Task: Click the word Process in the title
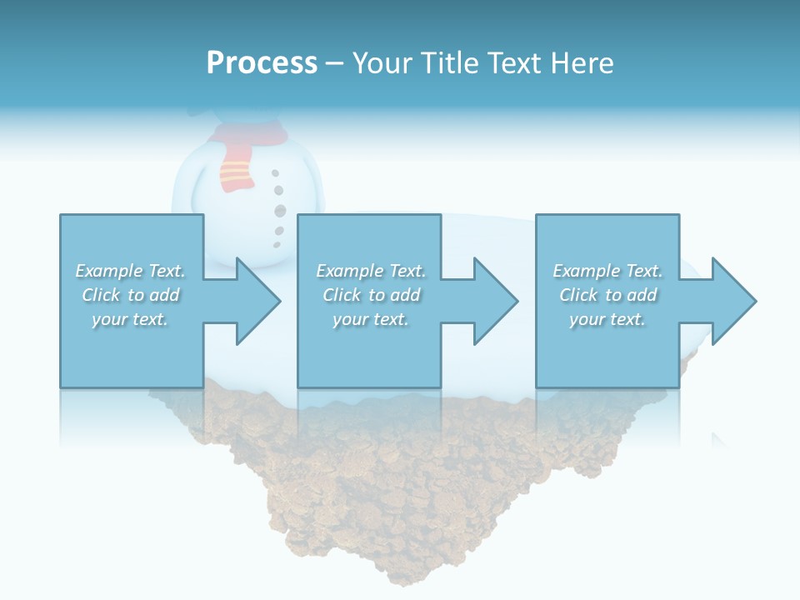pos(262,63)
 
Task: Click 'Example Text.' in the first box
pos(130,271)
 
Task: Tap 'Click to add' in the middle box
pos(371,295)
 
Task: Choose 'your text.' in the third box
pos(607,319)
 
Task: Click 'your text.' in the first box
pos(130,319)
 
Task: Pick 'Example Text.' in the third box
pos(607,271)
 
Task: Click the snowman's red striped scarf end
pos(235,172)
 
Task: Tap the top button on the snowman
pos(275,173)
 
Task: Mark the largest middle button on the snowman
pos(280,211)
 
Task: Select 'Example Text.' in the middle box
pos(371,271)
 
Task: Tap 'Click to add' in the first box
pos(130,295)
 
